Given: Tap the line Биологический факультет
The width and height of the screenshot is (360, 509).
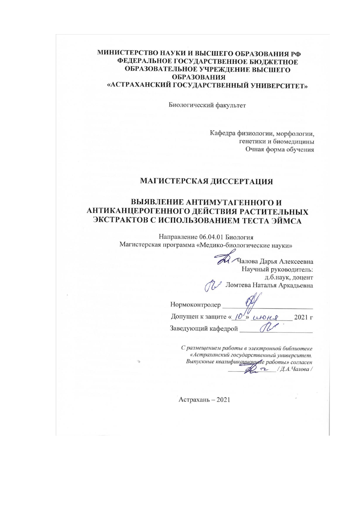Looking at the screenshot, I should (207, 105).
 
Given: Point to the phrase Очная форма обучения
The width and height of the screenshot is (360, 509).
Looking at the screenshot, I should (280, 150).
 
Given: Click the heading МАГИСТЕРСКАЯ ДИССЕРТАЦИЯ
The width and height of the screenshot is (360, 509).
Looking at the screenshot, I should (206, 182).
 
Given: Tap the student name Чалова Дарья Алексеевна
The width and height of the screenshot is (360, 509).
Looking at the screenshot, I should (275, 261).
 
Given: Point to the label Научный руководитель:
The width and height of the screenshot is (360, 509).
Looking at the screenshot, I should (277, 269).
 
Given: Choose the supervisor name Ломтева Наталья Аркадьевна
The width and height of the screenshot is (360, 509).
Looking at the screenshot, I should (269, 285).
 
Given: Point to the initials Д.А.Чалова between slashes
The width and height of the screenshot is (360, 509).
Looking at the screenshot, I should (295, 369).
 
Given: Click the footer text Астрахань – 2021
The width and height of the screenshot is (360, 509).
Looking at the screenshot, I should (204, 400).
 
